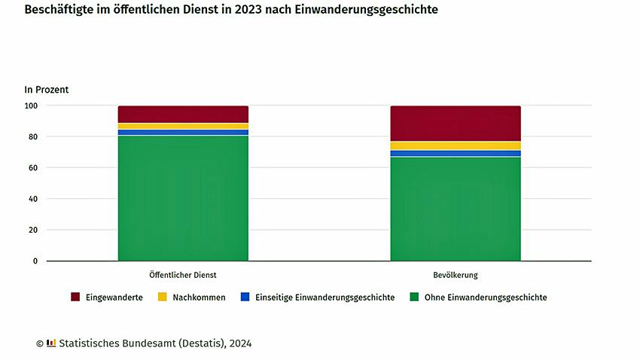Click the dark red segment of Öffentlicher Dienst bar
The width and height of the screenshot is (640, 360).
coord(183,114)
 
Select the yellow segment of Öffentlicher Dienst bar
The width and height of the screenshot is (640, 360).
coord(183,127)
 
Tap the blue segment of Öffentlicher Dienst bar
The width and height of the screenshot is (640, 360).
coord(183,133)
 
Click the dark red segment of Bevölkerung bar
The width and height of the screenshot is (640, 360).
coord(456,124)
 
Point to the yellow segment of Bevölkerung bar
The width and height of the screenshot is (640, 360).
coord(456,146)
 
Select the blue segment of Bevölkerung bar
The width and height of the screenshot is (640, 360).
coord(456,154)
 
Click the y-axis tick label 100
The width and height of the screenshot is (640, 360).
coord(31,105)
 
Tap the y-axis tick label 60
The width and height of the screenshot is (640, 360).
coord(33,168)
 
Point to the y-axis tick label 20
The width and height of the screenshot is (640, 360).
coord(33,230)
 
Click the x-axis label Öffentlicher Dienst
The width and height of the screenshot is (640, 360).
coord(183,275)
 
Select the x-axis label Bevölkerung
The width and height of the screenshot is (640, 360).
coord(456,275)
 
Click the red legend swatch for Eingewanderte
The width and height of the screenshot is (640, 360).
coord(75,297)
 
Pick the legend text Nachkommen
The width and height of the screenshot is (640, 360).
coord(199,297)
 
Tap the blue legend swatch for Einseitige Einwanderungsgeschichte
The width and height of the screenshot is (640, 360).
coord(245,297)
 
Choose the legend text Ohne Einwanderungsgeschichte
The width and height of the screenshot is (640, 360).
coord(486,297)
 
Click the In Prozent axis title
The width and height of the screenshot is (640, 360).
coord(47,90)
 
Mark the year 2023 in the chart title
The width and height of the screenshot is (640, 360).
coord(258,11)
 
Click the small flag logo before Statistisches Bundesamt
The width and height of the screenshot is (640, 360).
coord(51,343)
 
